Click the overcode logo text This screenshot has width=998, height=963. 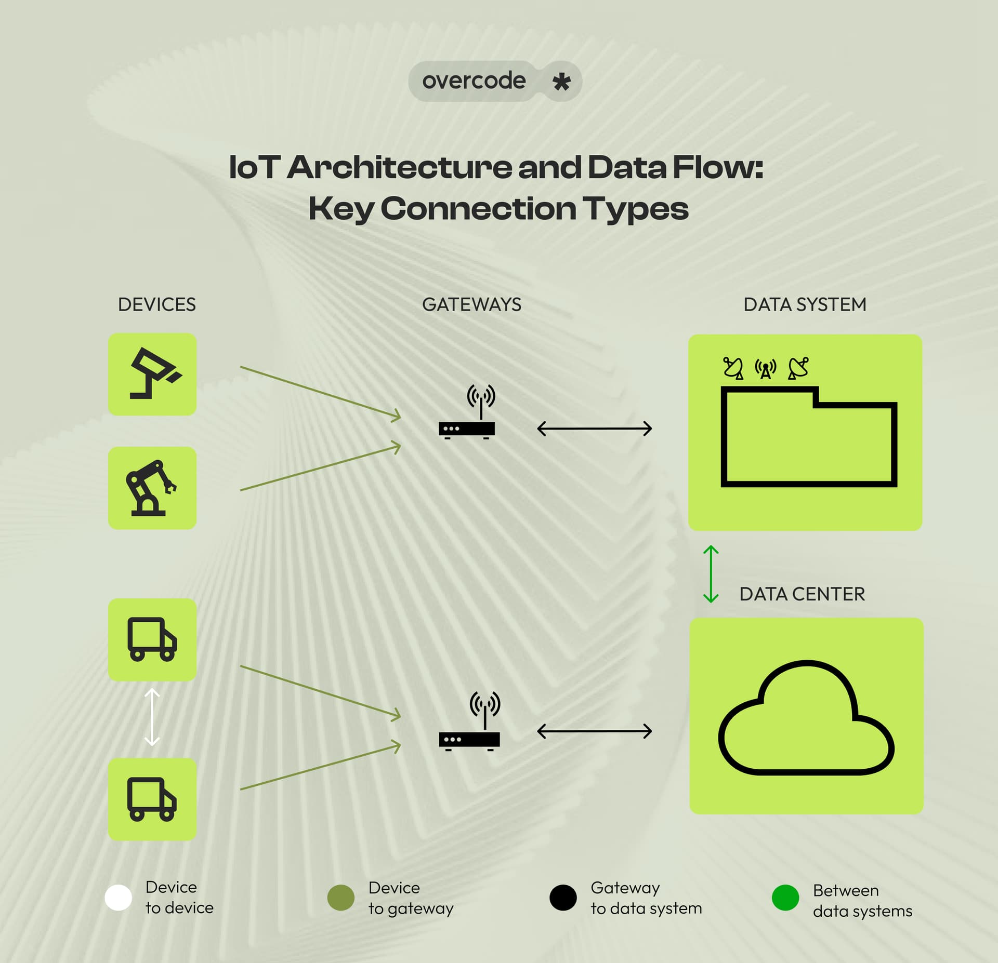(x=474, y=81)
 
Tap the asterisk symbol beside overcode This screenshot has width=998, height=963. (x=561, y=82)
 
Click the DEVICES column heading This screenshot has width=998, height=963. (x=156, y=304)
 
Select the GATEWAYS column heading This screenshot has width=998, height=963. (x=471, y=304)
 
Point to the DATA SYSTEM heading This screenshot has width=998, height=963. (x=805, y=304)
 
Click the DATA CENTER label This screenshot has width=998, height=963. (x=802, y=594)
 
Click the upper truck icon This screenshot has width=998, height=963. (x=152, y=639)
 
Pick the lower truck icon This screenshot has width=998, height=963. (x=152, y=799)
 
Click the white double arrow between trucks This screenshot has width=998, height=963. (x=152, y=717)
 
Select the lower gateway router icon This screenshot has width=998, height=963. (x=470, y=723)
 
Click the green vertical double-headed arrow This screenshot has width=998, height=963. (x=711, y=574)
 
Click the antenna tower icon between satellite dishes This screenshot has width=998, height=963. (x=765, y=369)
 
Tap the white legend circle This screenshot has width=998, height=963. (x=118, y=898)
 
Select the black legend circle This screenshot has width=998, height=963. (x=563, y=898)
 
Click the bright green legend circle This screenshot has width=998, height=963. (x=785, y=898)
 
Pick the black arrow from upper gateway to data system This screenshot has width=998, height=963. (x=594, y=429)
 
